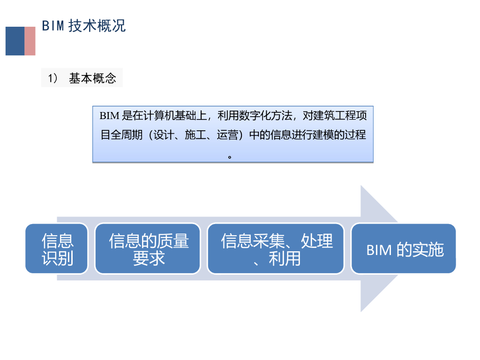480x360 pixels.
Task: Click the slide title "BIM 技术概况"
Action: [x=84, y=25]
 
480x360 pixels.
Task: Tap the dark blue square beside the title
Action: [x=15, y=41]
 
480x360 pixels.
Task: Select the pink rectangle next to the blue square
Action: [x=30, y=41]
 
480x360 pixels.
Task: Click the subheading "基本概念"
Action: [x=92, y=78]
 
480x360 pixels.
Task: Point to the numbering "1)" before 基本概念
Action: [x=52, y=78]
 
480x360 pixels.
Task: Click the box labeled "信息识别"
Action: [x=57, y=249]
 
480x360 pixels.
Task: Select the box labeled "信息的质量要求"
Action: [x=148, y=249]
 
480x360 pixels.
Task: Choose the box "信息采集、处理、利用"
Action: [x=276, y=249]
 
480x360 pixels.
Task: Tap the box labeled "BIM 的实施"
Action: [x=404, y=249]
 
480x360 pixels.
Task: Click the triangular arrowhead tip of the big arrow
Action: [x=396, y=248]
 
